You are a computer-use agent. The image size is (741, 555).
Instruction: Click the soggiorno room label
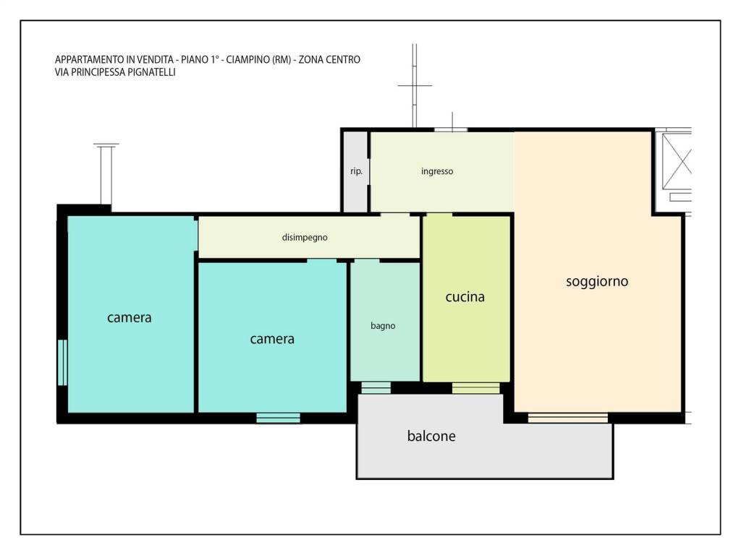(597, 282)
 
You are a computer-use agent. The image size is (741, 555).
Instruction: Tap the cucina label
(465, 297)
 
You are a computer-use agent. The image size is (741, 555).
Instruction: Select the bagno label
(383, 326)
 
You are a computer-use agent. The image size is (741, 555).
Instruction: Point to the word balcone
(431, 436)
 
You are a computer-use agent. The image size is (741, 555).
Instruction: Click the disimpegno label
(305, 237)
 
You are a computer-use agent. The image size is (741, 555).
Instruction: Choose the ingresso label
(437, 171)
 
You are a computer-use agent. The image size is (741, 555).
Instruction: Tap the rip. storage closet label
(356, 171)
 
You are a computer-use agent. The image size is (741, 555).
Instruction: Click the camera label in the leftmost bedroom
(129, 318)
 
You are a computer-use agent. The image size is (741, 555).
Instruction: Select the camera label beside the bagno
(272, 339)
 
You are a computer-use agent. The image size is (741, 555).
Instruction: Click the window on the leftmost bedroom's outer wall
(62, 363)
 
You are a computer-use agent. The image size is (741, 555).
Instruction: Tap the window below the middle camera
(279, 418)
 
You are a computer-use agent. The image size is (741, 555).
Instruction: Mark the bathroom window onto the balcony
(376, 387)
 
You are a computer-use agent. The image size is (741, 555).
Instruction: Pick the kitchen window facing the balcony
(476, 388)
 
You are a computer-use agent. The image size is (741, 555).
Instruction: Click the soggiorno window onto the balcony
(567, 418)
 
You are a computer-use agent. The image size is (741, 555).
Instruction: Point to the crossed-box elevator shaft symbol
(677, 161)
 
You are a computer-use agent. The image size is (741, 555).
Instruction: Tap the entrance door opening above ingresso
(451, 129)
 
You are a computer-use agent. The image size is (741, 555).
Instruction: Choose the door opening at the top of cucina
(439, 215)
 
